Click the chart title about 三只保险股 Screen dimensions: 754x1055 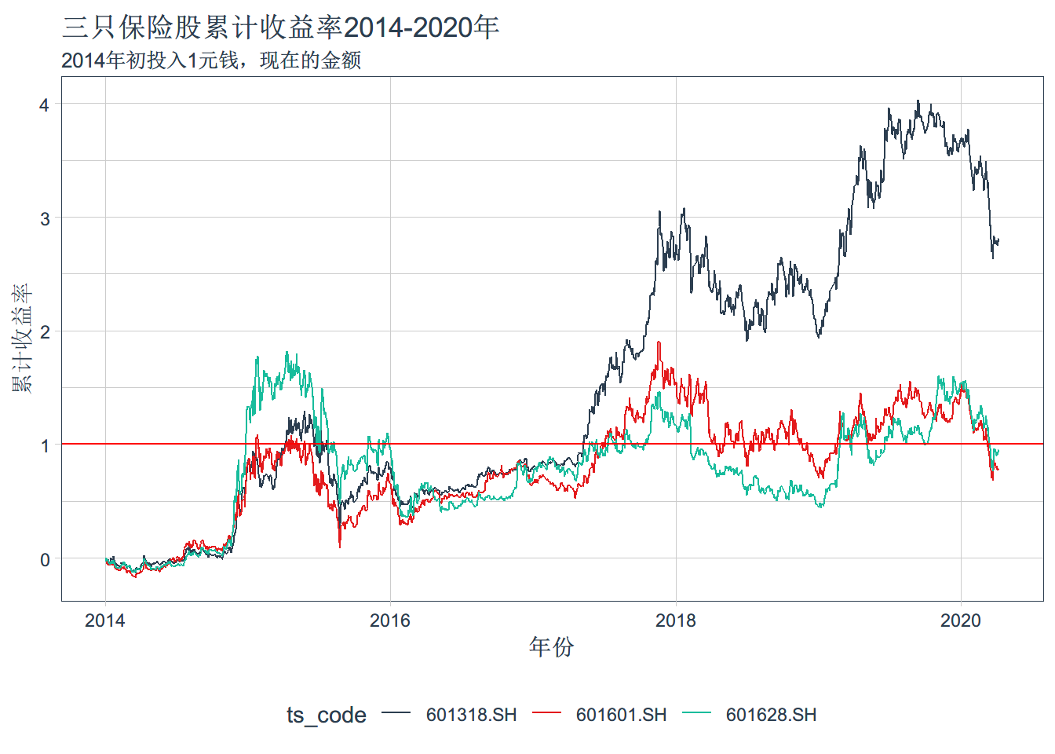pyautogui.click(x=280, y=28)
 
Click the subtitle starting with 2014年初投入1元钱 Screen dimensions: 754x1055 pyautogui.click(x=211, y=60)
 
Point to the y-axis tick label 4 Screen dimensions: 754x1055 pyautogui.click(x=45, y=104)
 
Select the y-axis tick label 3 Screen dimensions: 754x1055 pyautogui.click(x=45, y=218)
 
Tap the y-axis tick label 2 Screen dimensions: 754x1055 pyautogui.click(x=45, y=331)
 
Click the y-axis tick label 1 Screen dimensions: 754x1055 pyautogui.click(x=45, y=445)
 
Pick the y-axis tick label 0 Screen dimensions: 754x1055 pyautogui.click(x=45, y=559)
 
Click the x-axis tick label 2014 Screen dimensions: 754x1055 pyautogui.click(x=105, y=620)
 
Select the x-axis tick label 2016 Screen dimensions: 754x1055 pyautogui.click(x=390, y=620)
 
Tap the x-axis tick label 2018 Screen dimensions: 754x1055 pyautogui.click(x=676, y=620)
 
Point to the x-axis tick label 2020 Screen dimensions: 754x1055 pyautogui.click(x=961, y=620)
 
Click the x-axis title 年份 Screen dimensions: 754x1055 pyautogui.click(x=551, y=647)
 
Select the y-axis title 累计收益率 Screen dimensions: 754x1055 pyautogui.click(x=22, y=339)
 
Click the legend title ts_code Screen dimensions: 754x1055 pyautogui.click(x=326, y=715)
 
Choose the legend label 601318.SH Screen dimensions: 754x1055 pyautogui.click(x=471, y=715)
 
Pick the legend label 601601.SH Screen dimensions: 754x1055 pyautogui.click(x=621, y=715)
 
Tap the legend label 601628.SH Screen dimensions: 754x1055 pyautogui.click(x=771, y=715)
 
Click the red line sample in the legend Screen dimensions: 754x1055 pyautogui.click(x=546, y=713)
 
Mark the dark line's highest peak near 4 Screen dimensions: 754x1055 pyautogui.click(x=918, y=101)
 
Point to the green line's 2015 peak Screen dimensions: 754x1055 pyautogui.click(x=287, y=353)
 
